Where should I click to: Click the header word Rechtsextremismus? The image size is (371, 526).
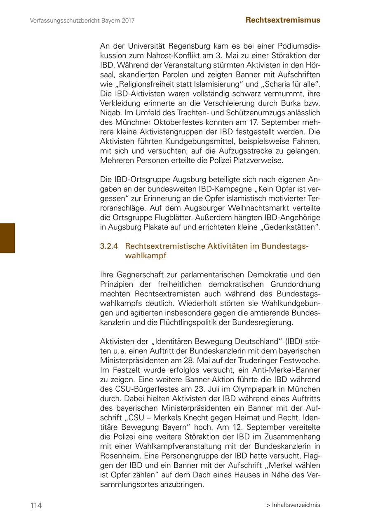pyautogui.click(x=283, y=20)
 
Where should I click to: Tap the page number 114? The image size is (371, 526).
pyautogui.click(x=36, y=505)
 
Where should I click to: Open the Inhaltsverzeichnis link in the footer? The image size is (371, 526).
pyautogui.click(x=296, y=505)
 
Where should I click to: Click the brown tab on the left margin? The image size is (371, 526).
pyautogui.click(x=7, y=238)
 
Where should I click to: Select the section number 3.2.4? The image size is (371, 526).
pyautogui.click(x=109, y=246)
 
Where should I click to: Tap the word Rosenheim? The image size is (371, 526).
pyautogui.click(x=118, y=456)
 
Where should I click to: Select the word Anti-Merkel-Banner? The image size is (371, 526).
pyautogui.click(x=283, y=370)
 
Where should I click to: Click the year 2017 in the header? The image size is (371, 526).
pyautogui.click(x=128, y=20)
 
